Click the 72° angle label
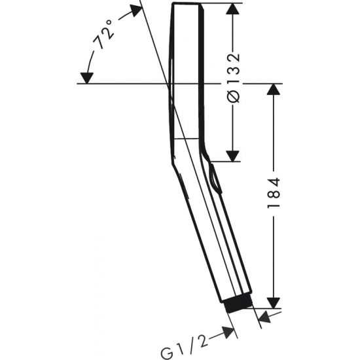(103, 35)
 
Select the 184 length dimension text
(274, 192)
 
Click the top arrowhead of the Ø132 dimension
(233, 9)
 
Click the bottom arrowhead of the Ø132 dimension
(232, 156)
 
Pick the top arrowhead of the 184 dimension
(274, 89)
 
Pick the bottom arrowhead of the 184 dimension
(274, 302)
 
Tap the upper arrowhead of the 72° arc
(136, 10)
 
